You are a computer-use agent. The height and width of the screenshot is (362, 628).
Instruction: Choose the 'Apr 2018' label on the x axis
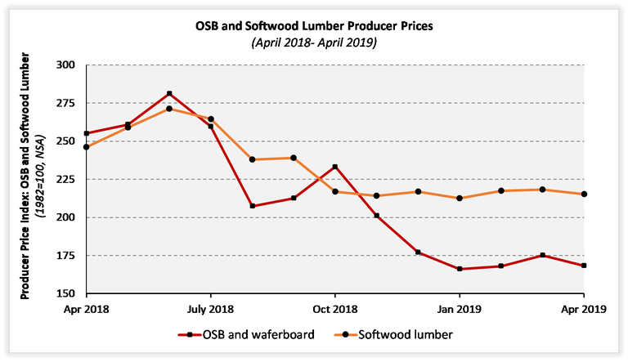coord(87,311)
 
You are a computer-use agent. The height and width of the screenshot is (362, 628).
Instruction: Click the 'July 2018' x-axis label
coord(211,311)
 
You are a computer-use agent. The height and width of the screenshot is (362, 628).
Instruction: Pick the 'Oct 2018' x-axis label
coord(334,311)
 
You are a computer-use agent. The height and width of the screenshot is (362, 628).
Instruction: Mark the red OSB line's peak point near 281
coord(169,94)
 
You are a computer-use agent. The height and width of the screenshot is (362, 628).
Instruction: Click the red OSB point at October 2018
coord(335,167)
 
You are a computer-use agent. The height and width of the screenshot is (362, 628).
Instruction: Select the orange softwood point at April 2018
coord(87,147)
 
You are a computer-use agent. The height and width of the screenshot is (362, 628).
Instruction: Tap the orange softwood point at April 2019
coord(583,194)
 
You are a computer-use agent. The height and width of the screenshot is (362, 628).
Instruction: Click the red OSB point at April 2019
coord(583,266)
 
